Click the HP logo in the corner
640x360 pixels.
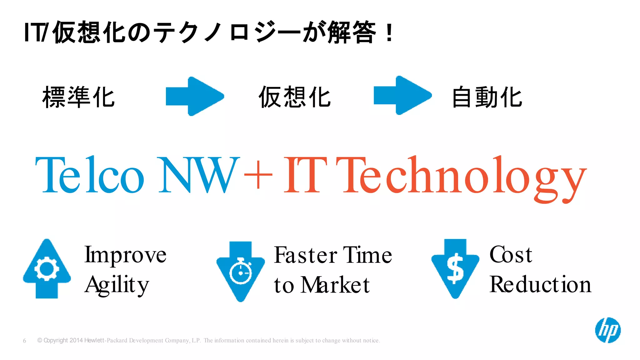[x=607, y=330]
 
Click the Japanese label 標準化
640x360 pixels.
[x=78, y=97]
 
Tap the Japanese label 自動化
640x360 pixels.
[x=487, y=97]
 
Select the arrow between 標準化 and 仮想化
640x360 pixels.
[x=195, y=96]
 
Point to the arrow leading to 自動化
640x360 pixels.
[x=402, y=95]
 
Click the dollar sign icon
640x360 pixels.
[x=455, y=268]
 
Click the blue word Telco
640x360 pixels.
[x=90, y=175]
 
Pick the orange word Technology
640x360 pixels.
[x=461, y=177]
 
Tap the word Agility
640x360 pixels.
[x=117, y=285]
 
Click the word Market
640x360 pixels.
[x=335, y=285]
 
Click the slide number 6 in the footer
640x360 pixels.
[x=24, y=341]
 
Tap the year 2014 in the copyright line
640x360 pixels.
[x=76, y=340]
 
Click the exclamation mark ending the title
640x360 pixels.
[x=389, y=33]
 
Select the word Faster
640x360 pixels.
[x=305, y=255]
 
